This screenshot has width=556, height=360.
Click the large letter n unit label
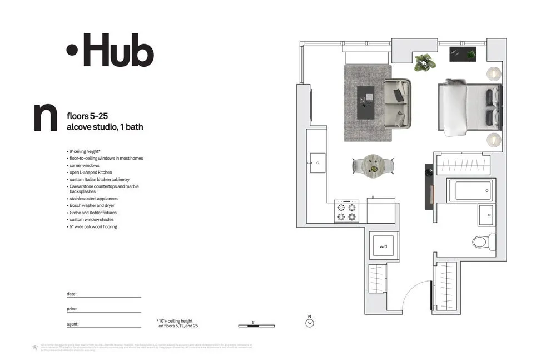tap(45, 118)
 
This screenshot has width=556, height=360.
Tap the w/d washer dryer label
tap(383, 246)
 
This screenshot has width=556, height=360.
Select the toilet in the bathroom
tap(481, 241)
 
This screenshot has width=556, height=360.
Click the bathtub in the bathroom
tap(470, 190)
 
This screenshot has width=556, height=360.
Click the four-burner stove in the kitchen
tap(346, 212)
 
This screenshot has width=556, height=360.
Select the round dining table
tap(374, 165)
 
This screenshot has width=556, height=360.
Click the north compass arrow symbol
tap(310, 322)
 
